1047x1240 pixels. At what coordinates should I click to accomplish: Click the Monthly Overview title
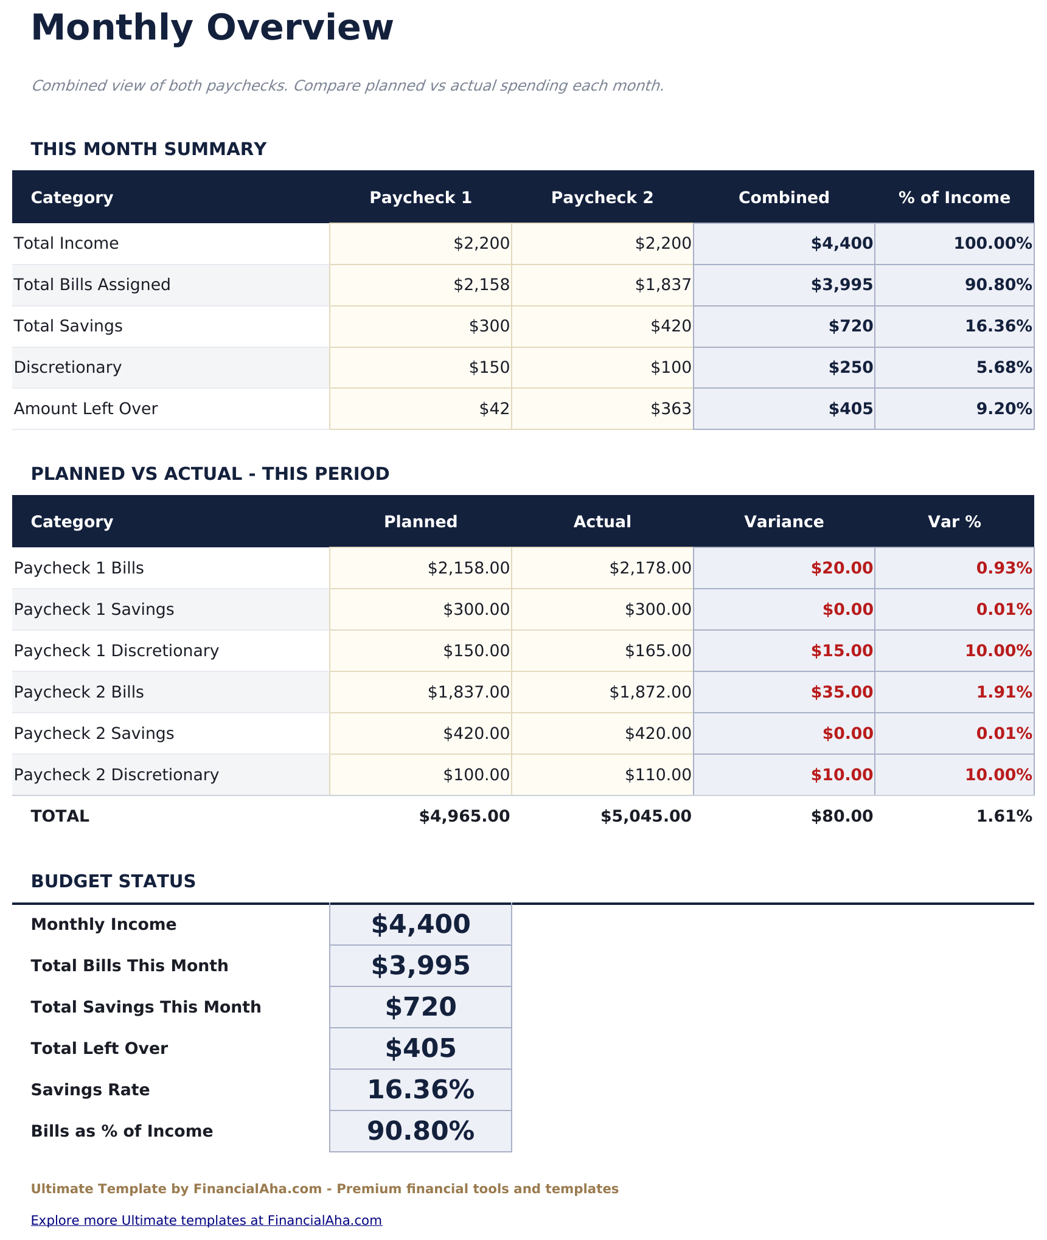coord(212,28)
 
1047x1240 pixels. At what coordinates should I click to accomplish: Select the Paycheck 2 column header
coord(602,198)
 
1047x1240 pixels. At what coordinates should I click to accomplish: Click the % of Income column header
coord(954,198)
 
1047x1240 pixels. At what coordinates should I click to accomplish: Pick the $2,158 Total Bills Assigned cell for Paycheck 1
coord(481,285)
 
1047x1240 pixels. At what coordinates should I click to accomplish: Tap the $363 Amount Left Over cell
coord(670,409)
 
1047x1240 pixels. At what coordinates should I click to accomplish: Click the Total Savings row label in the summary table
coord(68,326)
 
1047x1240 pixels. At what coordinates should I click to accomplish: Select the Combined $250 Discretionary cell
coord(850,367)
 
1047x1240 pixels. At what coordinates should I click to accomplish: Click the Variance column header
coord(784,522)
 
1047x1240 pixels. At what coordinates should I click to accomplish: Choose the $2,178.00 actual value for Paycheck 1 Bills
coord(650,568)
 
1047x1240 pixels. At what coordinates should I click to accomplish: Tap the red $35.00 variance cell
coord(841,692)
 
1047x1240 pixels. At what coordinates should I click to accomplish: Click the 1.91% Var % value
coord(1004,692)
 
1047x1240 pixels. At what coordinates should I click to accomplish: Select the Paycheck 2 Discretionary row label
coord(116,775)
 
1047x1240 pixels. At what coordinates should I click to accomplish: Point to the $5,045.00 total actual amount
coord(645,816)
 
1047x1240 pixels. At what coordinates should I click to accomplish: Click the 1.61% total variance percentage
coord(1004,816)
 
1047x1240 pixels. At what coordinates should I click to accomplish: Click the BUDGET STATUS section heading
coord(113,881)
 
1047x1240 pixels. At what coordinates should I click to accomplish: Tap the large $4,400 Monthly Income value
coord(420,924)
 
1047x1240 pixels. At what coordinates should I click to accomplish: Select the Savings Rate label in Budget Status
coord(90,1090)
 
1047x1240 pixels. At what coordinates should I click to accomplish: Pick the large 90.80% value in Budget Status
coord(420,1131)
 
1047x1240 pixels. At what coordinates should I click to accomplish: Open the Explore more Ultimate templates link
coord(206,1220)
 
